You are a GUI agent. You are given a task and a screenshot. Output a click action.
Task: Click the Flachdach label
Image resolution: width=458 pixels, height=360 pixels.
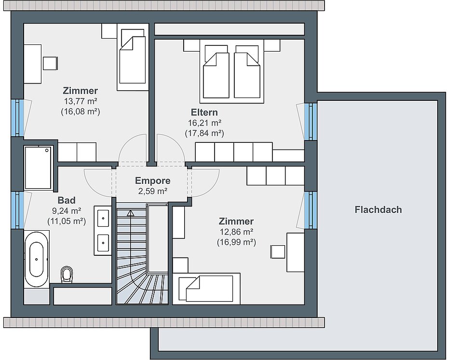(378, 210)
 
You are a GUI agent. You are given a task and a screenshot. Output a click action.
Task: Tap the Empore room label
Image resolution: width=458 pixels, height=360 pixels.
(152, 181)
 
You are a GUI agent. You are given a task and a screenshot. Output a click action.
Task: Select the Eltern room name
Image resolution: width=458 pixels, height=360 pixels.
(204, 112)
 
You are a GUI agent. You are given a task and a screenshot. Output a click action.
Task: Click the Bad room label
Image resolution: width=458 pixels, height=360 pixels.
(67, 200)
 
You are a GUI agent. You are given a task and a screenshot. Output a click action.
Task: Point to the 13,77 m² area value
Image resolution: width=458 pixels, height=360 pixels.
(81, 101)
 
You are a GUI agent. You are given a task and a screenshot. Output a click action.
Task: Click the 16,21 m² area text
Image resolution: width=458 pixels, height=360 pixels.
(204, 123)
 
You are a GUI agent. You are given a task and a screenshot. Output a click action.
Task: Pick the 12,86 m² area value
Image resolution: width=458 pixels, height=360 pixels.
(236, 232)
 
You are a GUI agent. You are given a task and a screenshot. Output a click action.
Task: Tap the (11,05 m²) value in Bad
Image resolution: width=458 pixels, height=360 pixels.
(67, 221)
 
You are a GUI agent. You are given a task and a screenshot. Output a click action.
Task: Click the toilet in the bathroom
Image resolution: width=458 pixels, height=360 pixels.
(67, 274)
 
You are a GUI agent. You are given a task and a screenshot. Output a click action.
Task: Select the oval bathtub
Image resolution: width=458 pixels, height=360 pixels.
(37, 259)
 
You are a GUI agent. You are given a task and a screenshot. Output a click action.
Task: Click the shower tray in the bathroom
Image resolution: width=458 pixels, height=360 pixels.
(38, 167)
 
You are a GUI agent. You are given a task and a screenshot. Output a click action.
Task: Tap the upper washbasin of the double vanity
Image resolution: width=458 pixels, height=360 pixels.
(103, 218)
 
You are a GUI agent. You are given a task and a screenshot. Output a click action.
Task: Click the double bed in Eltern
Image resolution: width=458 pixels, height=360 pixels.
(232, 71)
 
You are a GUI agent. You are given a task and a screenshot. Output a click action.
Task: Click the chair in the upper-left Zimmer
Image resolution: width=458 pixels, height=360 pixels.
(50, 63)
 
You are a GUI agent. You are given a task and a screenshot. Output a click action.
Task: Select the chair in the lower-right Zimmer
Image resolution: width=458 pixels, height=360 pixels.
(278, 252)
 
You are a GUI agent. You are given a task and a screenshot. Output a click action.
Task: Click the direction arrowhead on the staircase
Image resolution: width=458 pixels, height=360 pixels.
(130, 213)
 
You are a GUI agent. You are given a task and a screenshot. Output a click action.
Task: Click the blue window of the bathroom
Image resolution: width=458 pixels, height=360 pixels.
(17, 210)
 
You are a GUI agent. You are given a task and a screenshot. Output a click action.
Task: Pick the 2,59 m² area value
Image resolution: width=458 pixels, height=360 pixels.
(153, 191)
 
